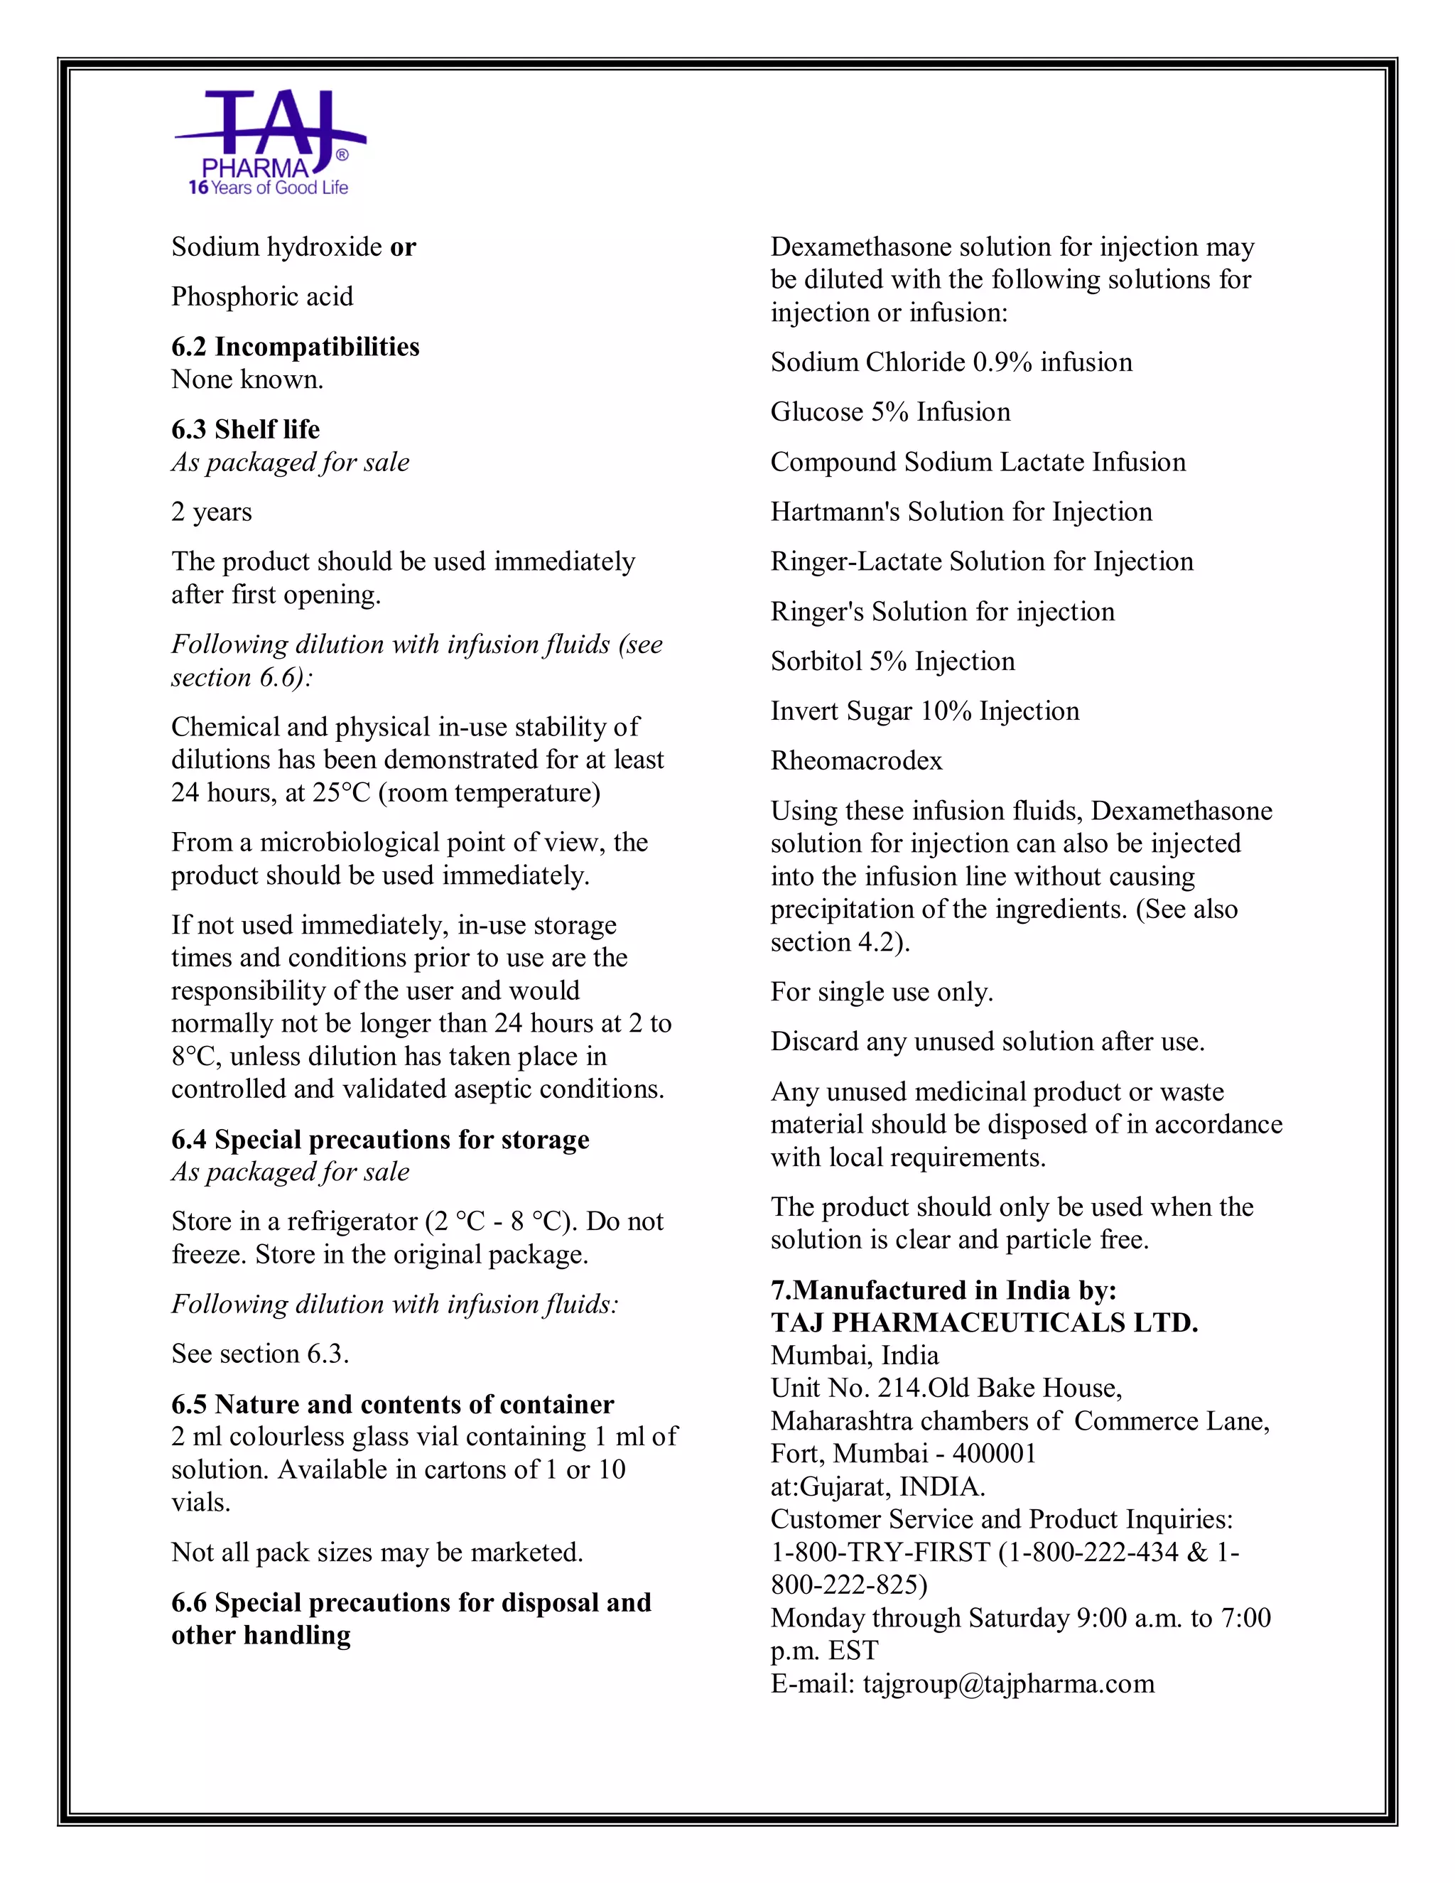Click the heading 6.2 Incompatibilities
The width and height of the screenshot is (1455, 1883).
pyautogui.click(x=295, y=347)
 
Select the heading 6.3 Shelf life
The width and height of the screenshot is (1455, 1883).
pyautogui.click(x=245, y=429)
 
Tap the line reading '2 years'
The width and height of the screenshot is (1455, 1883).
pyautogui.click(x=211, y=512)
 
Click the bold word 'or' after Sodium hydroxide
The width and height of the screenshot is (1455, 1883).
pyautogui.click(x=403, y=247)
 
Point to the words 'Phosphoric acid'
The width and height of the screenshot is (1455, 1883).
pyautogui.click(x=262, y=296)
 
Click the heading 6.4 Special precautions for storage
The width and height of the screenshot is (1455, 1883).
pyautogui.click(x=379, y=1140)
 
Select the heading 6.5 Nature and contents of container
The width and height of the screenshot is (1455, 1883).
pyautogui.click(x=392, y=1405)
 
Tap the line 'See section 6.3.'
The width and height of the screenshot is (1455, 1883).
pyautogui.click(x=259, y=1354)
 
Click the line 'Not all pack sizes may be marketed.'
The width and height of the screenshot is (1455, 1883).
pyautogui.click(x=377, y=1553)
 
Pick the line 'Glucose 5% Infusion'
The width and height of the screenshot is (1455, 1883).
pyautogui.click(x=889, y=412)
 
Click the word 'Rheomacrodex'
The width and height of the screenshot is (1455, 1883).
pyautogui.click(x=856, y=761)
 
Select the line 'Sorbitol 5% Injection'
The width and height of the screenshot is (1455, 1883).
pyautogui.click(x=892, y=662)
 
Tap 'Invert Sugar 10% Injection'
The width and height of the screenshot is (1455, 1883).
pyautogui.click(x=924, y=711)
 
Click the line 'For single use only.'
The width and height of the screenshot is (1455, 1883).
pyautogui.click(x=881, y=993)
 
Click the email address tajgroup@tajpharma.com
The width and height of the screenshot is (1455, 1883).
pyautogui.click(x=1007, y=1684)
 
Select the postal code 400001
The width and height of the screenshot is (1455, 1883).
pyautogui.click(x=994, y=1455)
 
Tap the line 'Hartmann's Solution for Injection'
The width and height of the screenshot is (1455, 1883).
pyautogui.click(x=961, y=512)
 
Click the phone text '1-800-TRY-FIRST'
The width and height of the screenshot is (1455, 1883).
pyautogui.click(x=880, y=1553)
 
